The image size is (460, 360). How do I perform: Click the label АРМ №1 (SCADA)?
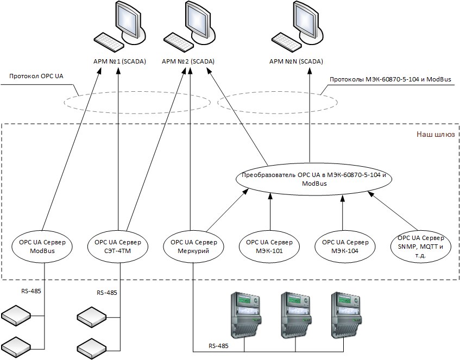119,61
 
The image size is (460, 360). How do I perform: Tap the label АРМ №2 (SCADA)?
188,61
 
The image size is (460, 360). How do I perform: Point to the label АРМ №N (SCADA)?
296,61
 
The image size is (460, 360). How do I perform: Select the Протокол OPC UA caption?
36,76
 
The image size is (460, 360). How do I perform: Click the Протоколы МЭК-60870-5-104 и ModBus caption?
390,79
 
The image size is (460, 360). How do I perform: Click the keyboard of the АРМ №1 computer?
109,41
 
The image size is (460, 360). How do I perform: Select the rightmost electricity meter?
346,314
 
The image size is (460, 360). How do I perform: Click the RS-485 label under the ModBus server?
31,291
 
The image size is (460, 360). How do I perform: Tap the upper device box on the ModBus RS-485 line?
16,315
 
